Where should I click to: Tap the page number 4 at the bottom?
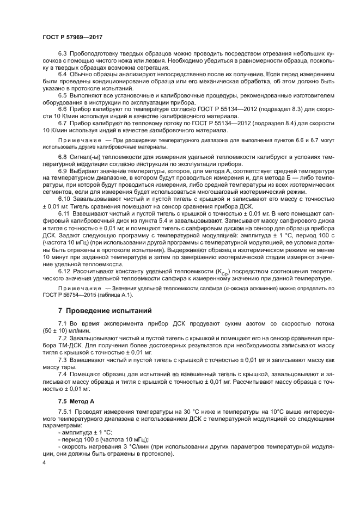click(x=44, y=463)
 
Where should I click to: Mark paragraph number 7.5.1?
click(x=65, y=413)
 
